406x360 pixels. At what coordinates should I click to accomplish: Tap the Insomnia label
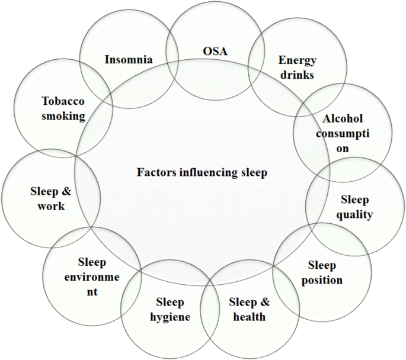(129, 60)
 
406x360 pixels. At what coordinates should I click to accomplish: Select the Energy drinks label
(297, 67)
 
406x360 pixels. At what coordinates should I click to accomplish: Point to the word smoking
(63, 116)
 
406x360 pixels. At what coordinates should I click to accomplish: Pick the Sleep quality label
(355, 207)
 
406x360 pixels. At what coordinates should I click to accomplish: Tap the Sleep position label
(322, 272)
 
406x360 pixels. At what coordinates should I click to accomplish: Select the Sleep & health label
(249, 309)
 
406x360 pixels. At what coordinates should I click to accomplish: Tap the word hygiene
(170, 317)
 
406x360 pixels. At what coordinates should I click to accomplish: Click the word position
(322, 279)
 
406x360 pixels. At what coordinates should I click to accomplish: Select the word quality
(355, 215)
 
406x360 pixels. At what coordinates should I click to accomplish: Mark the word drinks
(297, 75)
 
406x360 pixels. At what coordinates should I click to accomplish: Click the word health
(249, 317)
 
